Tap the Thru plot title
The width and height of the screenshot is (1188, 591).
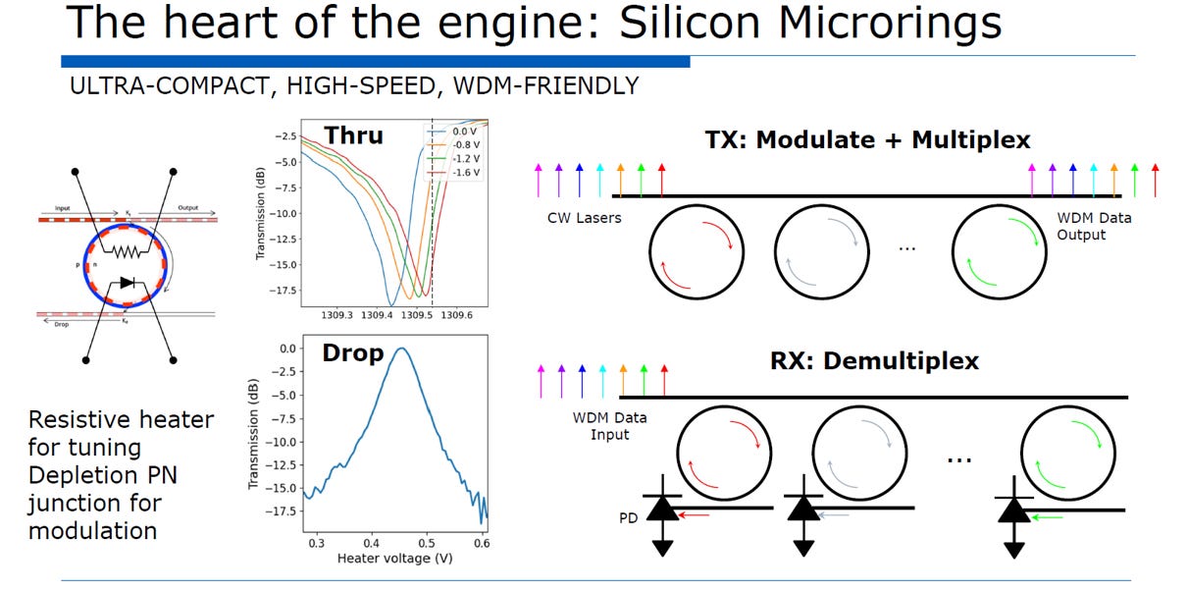pos(354,135)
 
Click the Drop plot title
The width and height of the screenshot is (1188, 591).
pos(353,353)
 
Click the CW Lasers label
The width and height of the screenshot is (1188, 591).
pos(584,218)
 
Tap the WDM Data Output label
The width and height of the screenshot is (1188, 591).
pos(1094,226)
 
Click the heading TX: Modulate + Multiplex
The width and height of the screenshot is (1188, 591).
pos(868,140)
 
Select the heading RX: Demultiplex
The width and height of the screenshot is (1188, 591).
pos(875,361)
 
